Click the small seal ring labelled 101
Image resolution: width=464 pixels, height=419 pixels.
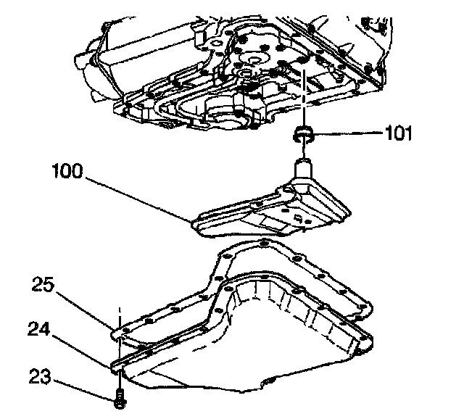point(303,133)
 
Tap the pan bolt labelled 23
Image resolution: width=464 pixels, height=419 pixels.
point(118,398)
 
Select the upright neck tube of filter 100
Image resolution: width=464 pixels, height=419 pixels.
point(304,170)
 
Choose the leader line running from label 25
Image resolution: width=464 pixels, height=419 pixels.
point(83,308)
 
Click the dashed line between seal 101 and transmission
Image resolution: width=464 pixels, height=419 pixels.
point(303,101)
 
